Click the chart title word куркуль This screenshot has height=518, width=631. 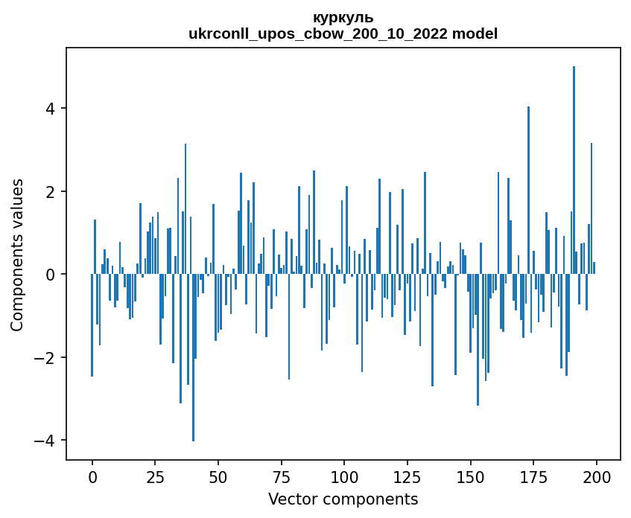click(343, 18)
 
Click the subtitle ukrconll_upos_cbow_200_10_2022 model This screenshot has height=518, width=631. click(343, 33)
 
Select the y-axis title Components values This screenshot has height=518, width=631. click(17, 255)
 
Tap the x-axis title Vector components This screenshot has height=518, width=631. click(343, 499)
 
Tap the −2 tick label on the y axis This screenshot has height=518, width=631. click(46, 358)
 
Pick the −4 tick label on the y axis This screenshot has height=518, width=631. click(46, 441)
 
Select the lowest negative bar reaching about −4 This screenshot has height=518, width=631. click(193, 357)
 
